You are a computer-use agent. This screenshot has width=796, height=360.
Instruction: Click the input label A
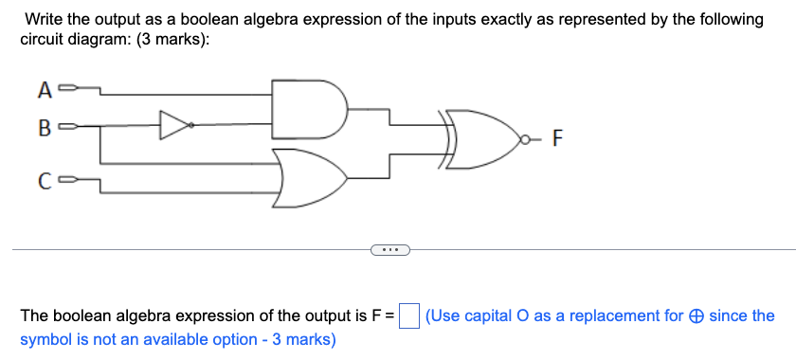pyautogui.click(x=43, y=91)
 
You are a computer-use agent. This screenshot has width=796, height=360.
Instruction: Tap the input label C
pyautogui.click(x=43, y=182)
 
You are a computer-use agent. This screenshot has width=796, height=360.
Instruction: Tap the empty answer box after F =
pyautogui.click(x=409, y=315)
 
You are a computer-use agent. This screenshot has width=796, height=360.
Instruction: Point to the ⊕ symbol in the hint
pyautogui.click(x=696, y=315)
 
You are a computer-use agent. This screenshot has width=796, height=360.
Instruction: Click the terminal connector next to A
pyautogui.click(x=64, y=91)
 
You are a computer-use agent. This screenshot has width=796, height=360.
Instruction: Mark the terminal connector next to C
pyautogui.click(x=64, y=182)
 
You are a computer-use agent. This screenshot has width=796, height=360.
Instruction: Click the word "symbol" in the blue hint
pyautogui.click(x=45, y=338)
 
